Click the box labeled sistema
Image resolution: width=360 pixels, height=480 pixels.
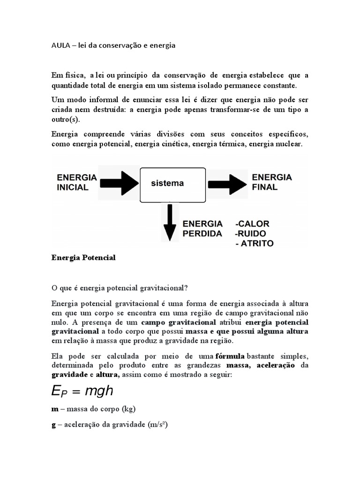173,183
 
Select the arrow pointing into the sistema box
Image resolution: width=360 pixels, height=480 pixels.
120,183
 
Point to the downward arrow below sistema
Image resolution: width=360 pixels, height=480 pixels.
170,222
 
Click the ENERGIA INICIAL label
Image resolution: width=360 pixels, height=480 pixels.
76,182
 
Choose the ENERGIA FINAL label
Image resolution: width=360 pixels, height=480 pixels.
272,182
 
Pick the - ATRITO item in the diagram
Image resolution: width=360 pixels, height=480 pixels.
255,243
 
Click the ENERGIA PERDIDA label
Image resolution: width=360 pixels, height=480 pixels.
202,229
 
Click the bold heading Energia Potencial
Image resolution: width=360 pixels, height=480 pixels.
83,258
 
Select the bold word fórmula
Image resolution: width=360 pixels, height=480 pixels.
230,356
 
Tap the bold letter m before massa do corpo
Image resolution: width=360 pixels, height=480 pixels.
54,409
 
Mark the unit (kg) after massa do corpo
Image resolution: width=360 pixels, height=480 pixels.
128,409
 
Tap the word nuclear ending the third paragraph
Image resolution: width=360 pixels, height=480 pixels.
290,144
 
